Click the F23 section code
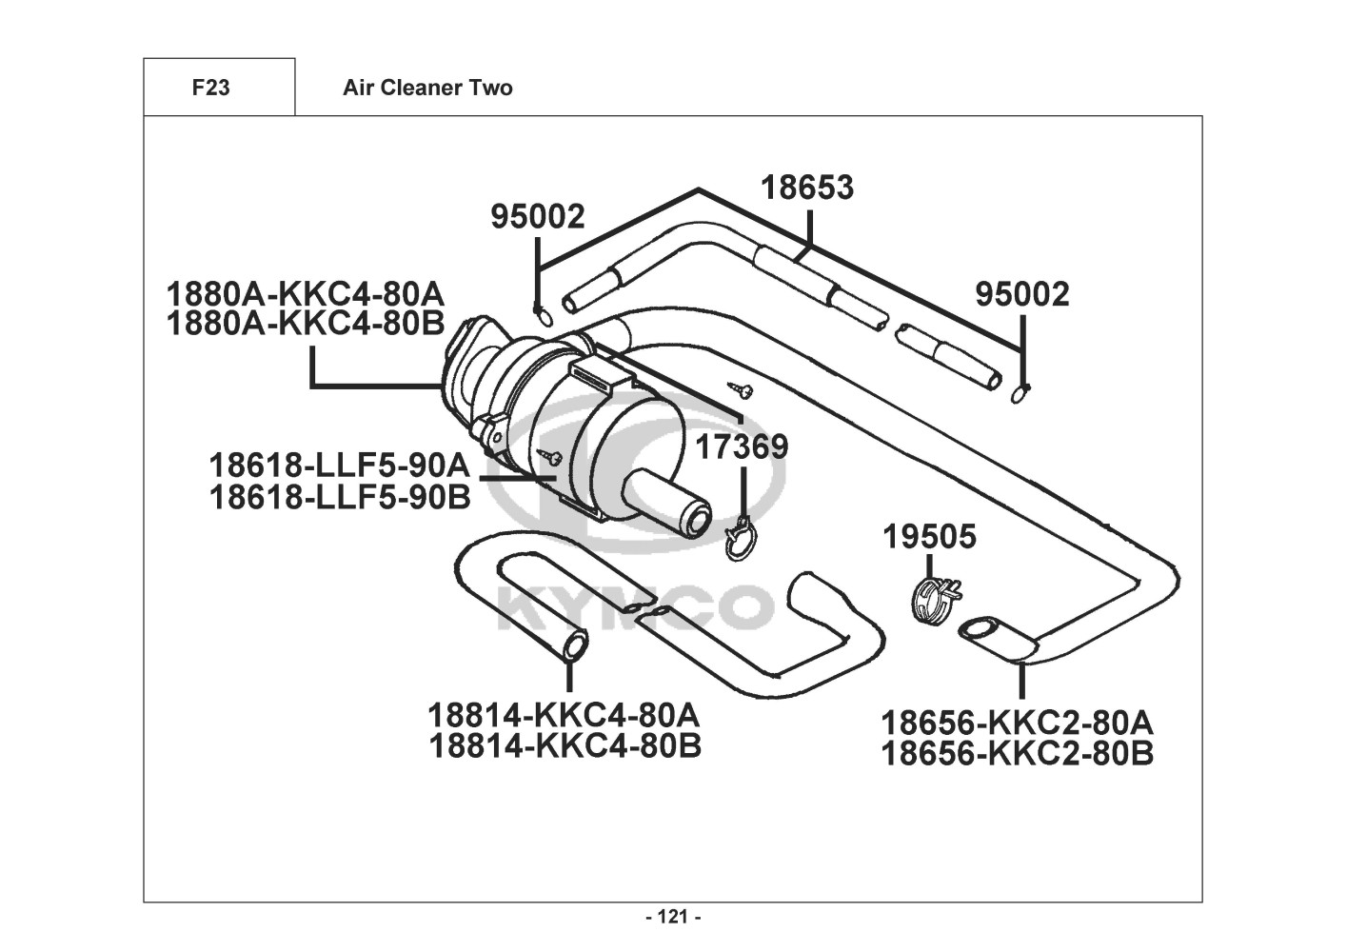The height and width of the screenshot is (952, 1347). pyautogui.click(x=210, y=88)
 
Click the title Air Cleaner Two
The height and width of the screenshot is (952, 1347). pyautogui.click(x=427, y=88)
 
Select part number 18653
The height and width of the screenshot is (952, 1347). pyautogui.click(x=807, y=188)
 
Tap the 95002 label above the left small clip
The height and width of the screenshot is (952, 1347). pyautogui.click(x=538, y=216)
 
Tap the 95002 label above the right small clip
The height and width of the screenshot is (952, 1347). pyautogui.click(x=1022, y=295)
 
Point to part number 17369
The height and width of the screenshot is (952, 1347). pyautogui.click(x=742, y=446)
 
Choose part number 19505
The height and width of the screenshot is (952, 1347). pyautogui.click(x=930, y=536)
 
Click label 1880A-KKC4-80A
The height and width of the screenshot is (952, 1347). pyautogui.click(x=306, y=295)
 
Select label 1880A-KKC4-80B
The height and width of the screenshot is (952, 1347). pyautogui.click(x=306, y=324)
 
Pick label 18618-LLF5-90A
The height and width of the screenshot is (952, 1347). pyautogui.click(x=340, y=466)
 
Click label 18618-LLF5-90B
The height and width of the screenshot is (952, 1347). pyautogui.click(x=340, y=497)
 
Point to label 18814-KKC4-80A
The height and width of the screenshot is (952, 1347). pyautogui.click(x=565, y=716)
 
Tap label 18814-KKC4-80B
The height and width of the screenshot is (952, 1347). pyautogui.click(x=565, y=747)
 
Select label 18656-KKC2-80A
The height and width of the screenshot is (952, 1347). pyautogui.click(x=1018, y=723)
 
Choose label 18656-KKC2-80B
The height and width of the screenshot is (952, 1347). pyautogui.click(x=1018, y=754)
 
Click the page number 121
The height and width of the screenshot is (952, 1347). pyautogui.click(x=673, y=917)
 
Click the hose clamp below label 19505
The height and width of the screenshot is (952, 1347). pyautogui.click(x=937, y=600)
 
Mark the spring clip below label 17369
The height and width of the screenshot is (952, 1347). pyautogui.click(x=739, y=540)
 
